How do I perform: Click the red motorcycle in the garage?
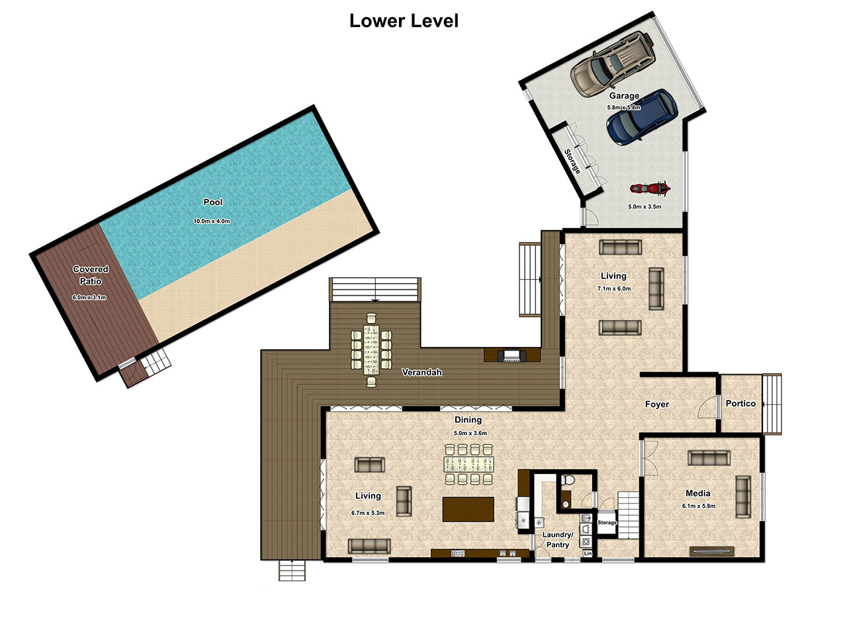tap(650, 188)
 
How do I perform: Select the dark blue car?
tap(642, 117)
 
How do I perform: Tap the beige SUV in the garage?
tap(612, 63)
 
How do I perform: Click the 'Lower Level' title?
tap(404, 20)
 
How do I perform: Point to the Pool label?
tap(213, 202)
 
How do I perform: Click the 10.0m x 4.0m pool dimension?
tap(212, 221)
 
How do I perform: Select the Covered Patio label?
tap(91, 275)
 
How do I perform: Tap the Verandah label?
tap(422, 372)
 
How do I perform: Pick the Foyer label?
tap(657, 404)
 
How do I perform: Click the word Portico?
tap(740, 403)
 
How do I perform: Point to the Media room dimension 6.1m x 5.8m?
tap(698, 506)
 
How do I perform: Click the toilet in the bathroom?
tap(567, 479)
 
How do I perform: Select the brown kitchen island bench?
tap(468, 509)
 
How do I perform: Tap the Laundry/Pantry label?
tap(558, 540)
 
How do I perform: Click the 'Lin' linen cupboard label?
tap(588, 553)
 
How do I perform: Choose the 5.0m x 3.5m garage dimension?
tap(645, 207)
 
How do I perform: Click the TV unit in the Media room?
tap(711, 551)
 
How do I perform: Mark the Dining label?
tap(468, 419)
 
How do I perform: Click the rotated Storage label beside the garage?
tap(572, 161)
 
